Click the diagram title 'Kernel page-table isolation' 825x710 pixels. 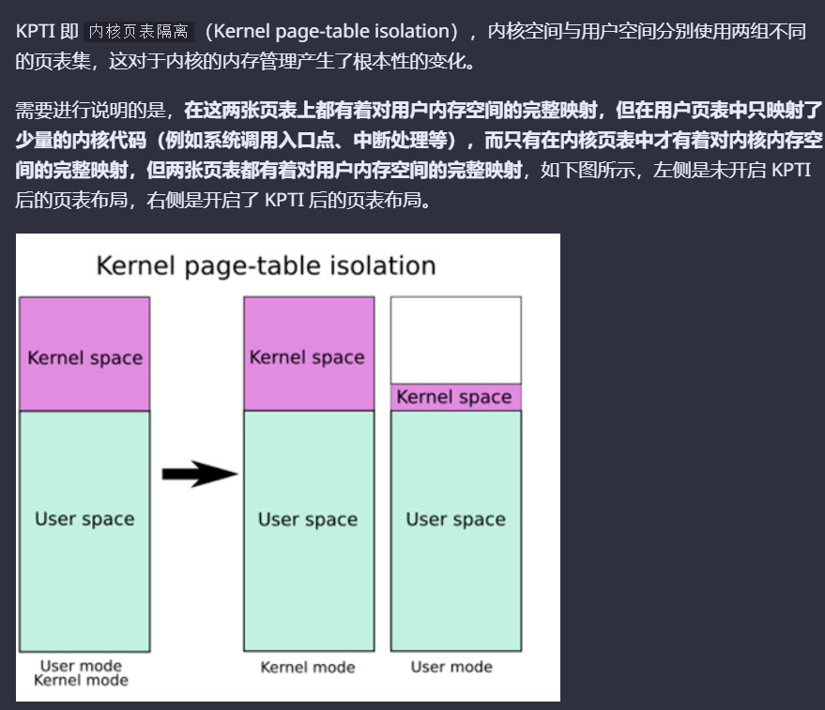click(x=266, y=265)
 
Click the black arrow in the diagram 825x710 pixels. click(x=199, y=474)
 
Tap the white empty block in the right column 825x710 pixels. click(x=455, y=340)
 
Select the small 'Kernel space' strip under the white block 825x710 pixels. click(x=455, y=397)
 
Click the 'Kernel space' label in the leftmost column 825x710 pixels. click(x=84, y=357)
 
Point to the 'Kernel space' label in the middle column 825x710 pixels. click(x=307, y=357)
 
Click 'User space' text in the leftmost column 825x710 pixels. click(x=84, y=519)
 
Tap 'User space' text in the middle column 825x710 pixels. click(x=307, y=519)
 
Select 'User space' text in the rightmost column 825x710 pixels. click(x=455, y=519)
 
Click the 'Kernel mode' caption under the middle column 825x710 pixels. click(x=308, y=667)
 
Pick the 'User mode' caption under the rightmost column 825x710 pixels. click(x=451, y=667)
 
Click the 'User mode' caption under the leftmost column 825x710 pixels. click(x=81, y=665)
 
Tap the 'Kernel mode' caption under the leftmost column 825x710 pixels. click(x=81, y=680)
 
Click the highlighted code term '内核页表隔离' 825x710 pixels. click(x=138, y=31)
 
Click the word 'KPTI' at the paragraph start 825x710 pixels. click(x=36, y=31)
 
